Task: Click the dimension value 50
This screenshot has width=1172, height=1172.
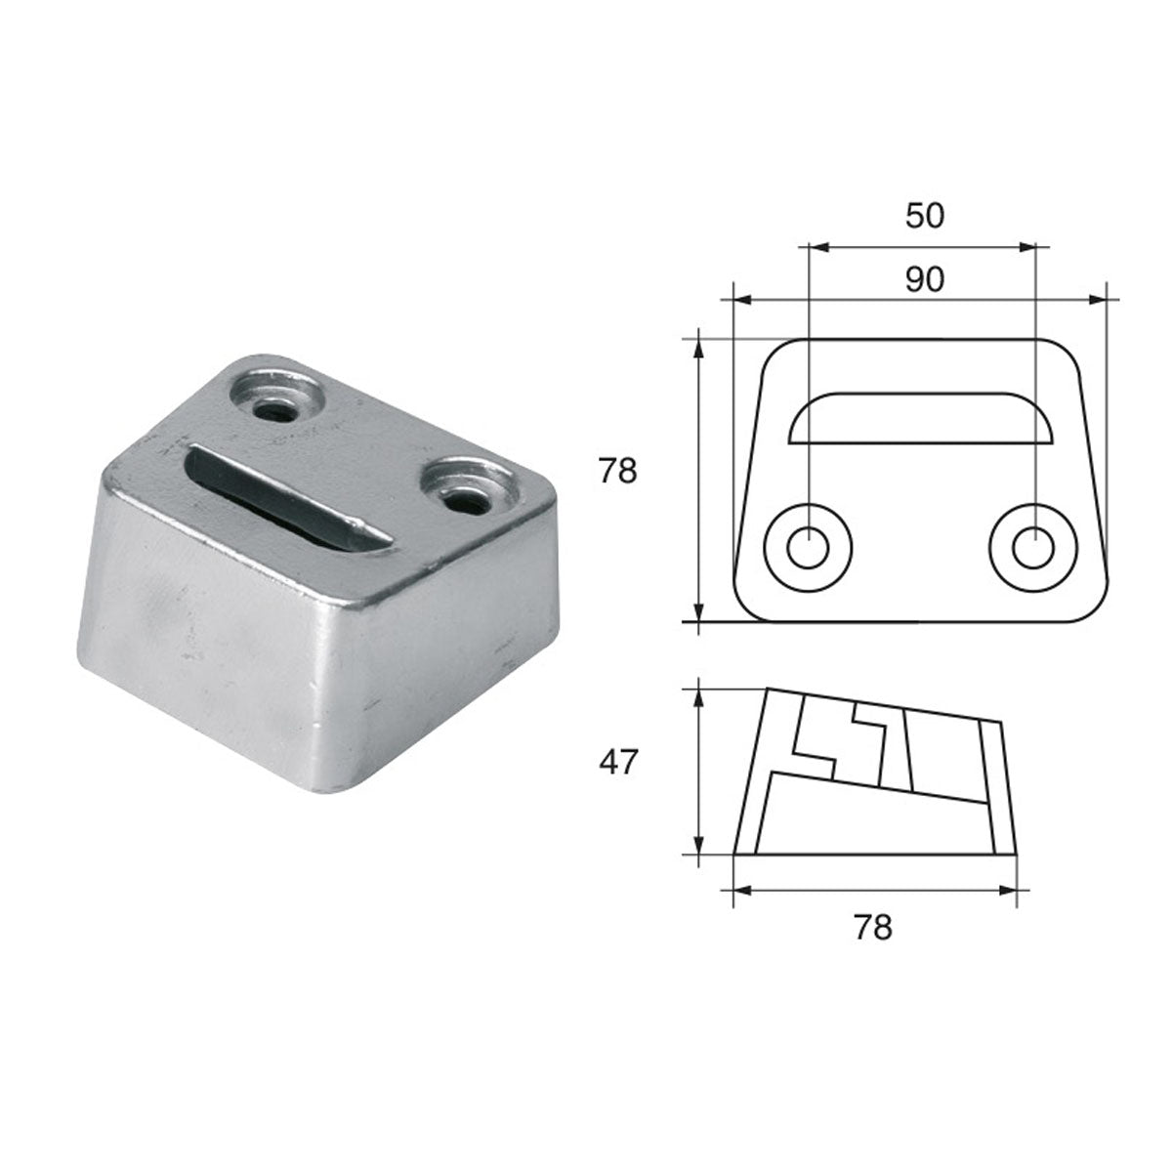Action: (x=924, y=215)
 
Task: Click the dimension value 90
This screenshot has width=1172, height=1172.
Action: (x=924, y=279)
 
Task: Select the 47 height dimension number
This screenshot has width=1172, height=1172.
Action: (x=618, y=761)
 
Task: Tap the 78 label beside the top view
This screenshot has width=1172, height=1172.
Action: (x=618, y=472)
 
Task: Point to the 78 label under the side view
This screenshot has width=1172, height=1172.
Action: (x=872, y=927)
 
